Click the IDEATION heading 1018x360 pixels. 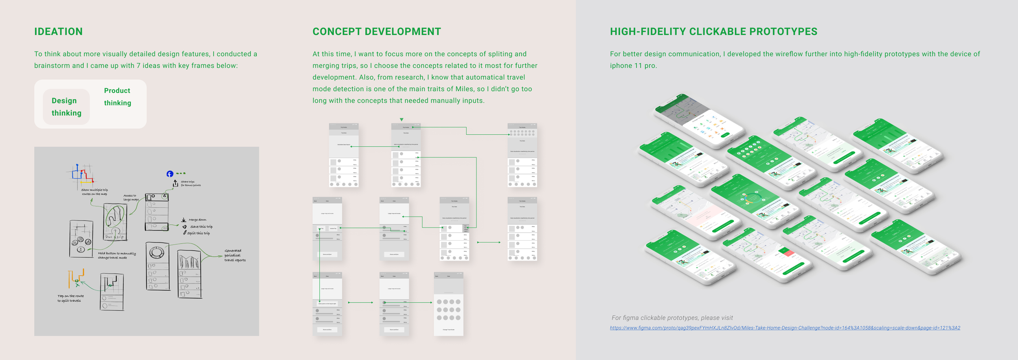click(58, 32)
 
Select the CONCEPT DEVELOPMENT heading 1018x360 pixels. click(376, 32)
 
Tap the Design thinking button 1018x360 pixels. click(66, 107)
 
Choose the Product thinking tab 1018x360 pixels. click(117, 97)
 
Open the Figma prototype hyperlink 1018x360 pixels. click(785, 328)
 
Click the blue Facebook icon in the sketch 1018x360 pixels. click(170, 174)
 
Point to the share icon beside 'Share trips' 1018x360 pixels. click(176, 184)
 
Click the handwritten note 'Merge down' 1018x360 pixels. click(197, 220)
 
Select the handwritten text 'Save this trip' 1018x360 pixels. click(201, 227)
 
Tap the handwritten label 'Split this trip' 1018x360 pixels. click(198, 233)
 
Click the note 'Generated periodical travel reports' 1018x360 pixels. click(235, 255)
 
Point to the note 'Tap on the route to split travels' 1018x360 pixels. click(70, 299)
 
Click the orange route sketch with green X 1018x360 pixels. click(76, 279)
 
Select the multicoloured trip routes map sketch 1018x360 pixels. click(82, 175)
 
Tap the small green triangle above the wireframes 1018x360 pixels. click(401, 120)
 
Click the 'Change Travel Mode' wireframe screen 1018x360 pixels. click(448, 305)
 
